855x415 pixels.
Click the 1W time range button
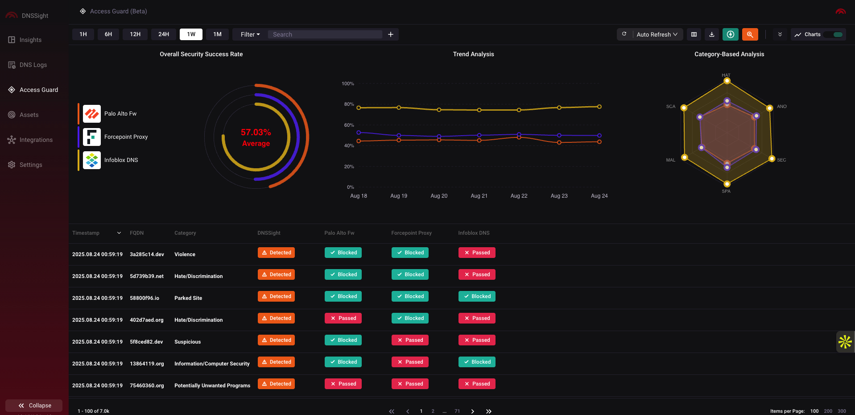click(x=191, y=34)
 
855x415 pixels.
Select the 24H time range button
click(x=164, y=34)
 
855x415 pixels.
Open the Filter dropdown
click(x=250, y=34)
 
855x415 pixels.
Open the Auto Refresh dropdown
click(x=657, y=34)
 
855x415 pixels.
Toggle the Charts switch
click(x=838, y=34)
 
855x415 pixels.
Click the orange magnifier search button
click(x=750, y=34)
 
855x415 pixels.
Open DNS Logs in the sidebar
click(x=33, y=65)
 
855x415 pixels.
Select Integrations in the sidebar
click(x=36, y=140)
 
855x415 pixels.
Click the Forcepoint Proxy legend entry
click(x=126, y=137)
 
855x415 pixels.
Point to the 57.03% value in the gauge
click(x=256, y=133)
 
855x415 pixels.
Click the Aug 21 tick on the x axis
click(x=479, y=196)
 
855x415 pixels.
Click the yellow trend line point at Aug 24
click(x=599, y=107)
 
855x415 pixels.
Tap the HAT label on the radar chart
click(x=726, y=75)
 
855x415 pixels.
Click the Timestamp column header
click(x=86, y=233)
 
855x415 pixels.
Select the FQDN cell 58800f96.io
click(x=145, y=298)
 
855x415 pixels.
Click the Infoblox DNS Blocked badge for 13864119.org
click(x=477, y=362)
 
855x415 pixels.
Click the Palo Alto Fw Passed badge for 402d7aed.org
click(x=343, y=318)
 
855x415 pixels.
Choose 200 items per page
click(x=828, y=411)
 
